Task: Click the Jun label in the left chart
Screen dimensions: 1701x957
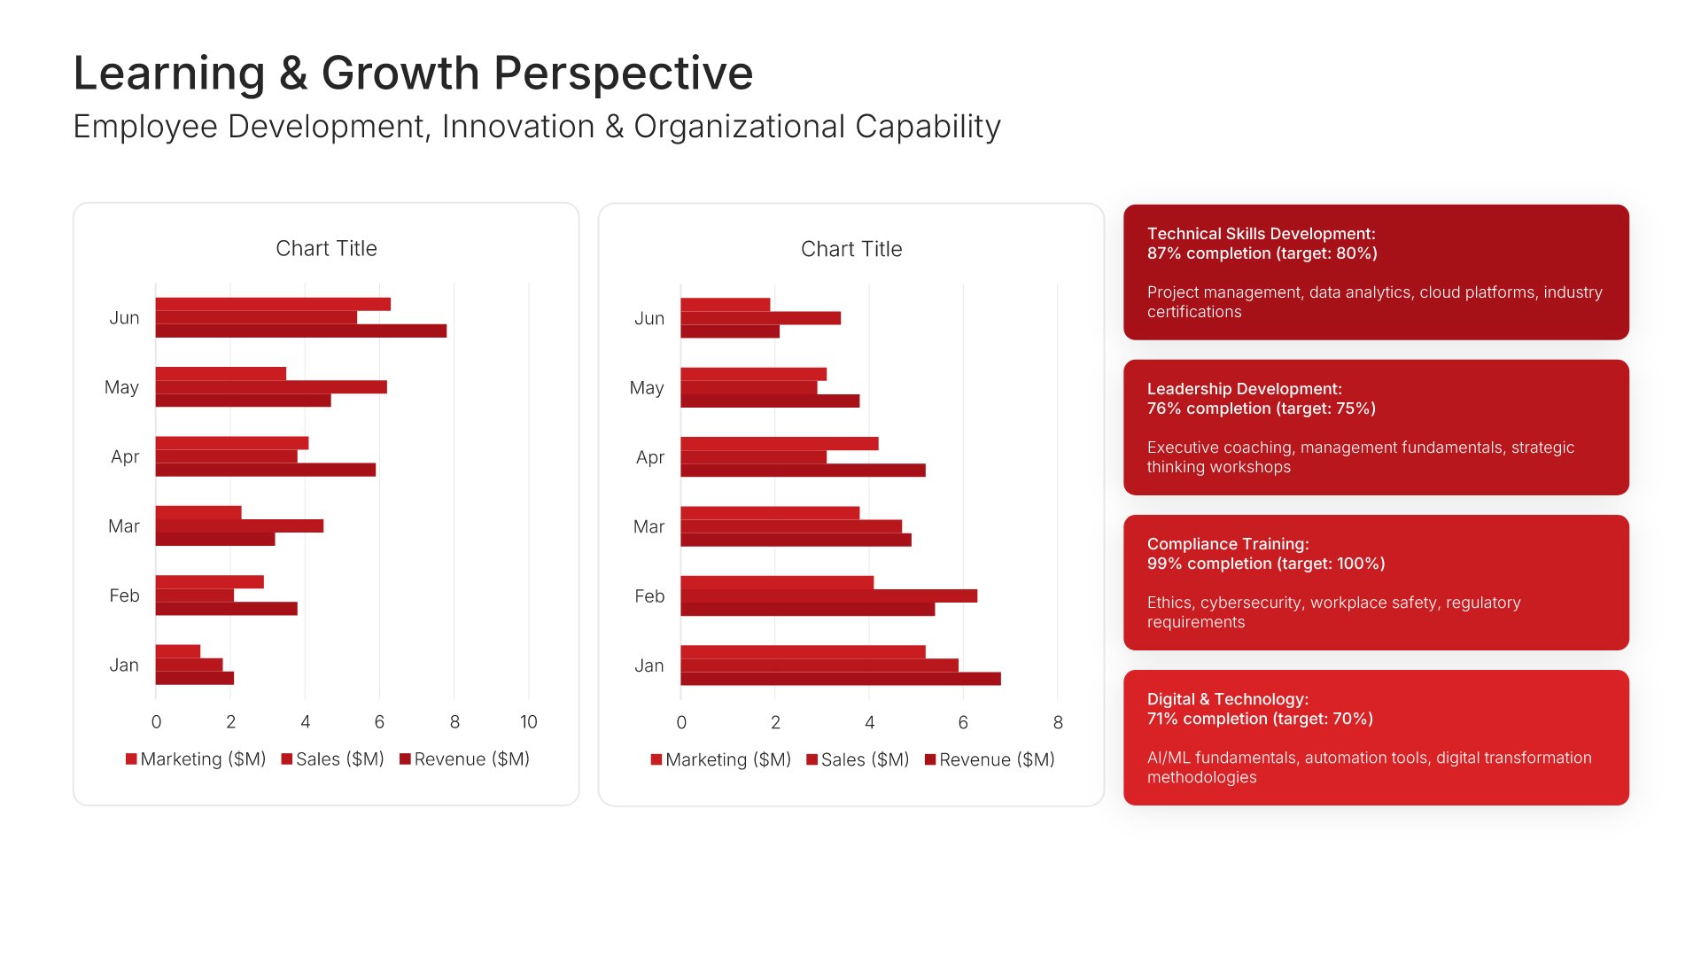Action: (124, 317)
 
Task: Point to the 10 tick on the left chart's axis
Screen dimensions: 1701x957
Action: (528, 721)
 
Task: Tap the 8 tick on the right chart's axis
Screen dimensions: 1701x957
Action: (1058, 722)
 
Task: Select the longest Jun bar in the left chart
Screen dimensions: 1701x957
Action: (301, 331)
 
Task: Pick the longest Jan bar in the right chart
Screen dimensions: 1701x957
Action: (841, 679)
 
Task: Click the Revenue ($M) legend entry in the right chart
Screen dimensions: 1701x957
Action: (990, 759)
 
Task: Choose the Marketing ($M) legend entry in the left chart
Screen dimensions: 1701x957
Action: (196, 759)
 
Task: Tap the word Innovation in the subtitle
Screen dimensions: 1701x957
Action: (518, 127)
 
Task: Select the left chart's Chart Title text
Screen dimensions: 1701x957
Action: (326, 248)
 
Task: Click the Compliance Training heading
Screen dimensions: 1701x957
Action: (1228, 543)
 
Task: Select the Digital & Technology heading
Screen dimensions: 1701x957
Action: (1228, 698)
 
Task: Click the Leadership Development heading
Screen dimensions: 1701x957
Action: (1245, 388)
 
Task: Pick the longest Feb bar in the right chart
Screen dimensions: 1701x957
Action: (829, 595)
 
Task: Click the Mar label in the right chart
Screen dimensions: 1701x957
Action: (649, 526)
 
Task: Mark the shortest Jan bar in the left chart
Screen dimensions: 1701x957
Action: (178, 651)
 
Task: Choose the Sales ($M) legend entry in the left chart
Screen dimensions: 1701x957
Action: (333, 759)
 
